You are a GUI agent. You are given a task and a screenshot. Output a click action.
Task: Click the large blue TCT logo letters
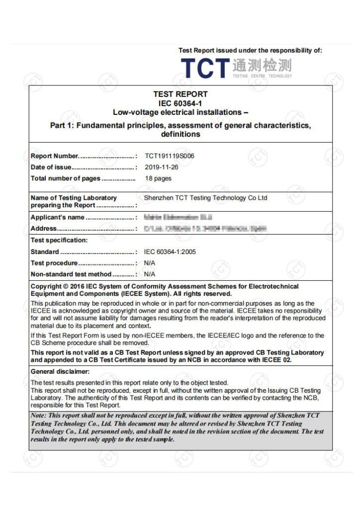(204, 68)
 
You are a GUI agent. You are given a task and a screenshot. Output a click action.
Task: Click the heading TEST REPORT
(180, 94)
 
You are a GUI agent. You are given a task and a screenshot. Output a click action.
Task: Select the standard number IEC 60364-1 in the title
(180, 103)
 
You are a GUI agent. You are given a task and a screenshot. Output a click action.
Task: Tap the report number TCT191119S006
(170, 156)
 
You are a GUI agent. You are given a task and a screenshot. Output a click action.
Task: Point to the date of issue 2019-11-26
(161, 167)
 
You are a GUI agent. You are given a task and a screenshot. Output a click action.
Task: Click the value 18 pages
(158, 178)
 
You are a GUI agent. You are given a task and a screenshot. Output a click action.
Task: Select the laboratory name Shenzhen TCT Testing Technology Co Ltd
(205, 198)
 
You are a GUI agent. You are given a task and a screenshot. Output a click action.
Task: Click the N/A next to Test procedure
(150, 263)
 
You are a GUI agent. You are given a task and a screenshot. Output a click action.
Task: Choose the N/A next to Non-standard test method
(150, 274)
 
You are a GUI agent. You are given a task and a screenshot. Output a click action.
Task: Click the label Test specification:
(59, 240)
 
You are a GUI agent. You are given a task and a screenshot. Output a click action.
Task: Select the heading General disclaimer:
(60, 371)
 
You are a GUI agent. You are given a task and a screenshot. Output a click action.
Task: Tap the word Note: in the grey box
(38, 415)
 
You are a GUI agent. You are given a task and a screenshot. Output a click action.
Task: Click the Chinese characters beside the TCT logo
(262, 65)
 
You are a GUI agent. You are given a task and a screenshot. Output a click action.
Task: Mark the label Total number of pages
(65, 178)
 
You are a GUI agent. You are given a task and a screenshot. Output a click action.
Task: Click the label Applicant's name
(58, 217)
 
